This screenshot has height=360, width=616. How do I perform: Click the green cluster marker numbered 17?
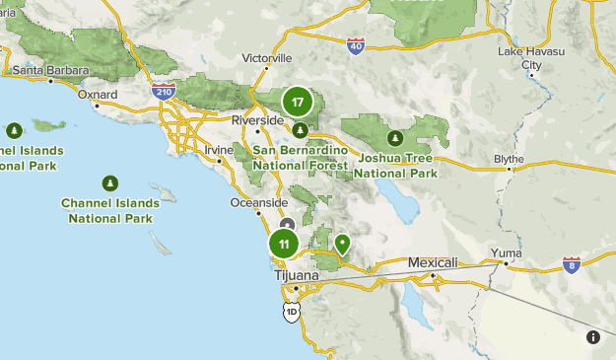click(298, 102)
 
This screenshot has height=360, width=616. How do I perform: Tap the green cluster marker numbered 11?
click(284, 245)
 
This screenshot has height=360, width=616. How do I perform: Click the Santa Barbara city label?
click(50, 71)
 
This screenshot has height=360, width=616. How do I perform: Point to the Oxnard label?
click(98, 95)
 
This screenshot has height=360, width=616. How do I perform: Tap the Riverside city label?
click(257, 120)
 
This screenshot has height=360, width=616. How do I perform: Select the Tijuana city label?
click(296, 275)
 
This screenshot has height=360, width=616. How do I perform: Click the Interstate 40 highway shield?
click(356, 45)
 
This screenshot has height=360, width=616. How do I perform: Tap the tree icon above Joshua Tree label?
click(395, 139)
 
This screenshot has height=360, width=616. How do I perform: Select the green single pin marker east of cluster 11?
click(343, 243)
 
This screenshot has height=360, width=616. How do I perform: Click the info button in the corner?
click(593, 337)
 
